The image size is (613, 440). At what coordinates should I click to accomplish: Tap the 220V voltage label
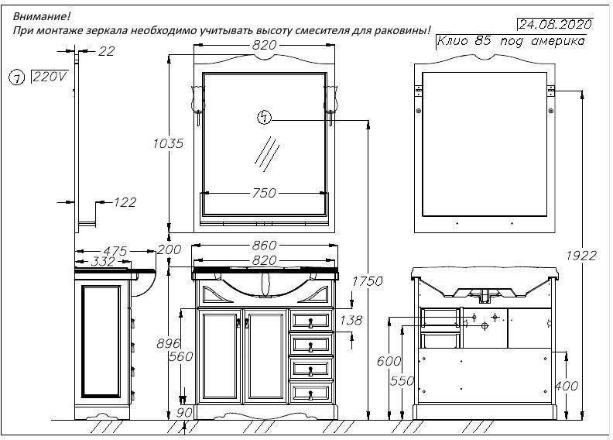[x=49, y=77]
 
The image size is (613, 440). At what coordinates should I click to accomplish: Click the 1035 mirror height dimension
[x=167, y=143]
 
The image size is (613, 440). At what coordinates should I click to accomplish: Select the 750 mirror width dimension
[x=264, y=193]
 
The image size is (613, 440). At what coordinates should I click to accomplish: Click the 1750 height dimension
[x=368, y=281]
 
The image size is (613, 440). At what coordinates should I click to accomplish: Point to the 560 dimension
[x=180, y=357]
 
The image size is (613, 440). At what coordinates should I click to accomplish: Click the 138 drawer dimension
[x=351, y=320]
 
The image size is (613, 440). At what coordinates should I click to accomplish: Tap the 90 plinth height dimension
[x=183, y=412]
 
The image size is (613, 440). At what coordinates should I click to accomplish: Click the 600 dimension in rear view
[x=389, y=361]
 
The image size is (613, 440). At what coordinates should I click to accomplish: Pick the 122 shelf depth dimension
[x=124, y=202]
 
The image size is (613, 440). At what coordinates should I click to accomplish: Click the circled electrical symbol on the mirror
[x=265, y=118]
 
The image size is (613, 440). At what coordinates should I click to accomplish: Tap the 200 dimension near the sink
[x=169, y=249]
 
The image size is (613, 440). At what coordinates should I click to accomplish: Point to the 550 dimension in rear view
[x=402, y=381]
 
